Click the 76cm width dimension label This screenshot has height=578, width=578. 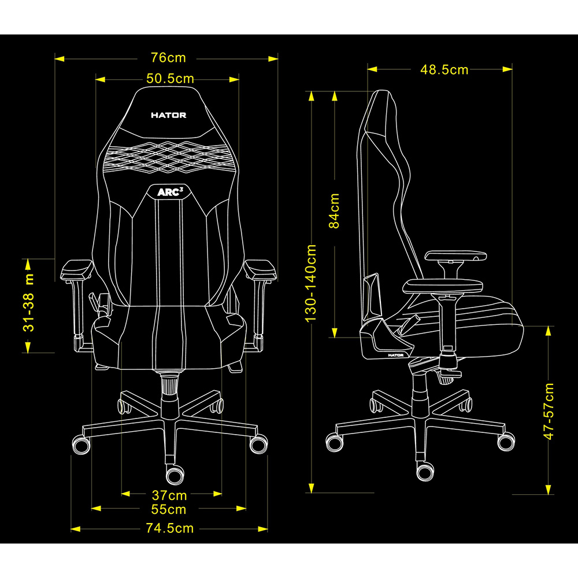168,58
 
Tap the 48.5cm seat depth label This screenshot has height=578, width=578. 444,69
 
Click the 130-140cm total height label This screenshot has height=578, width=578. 312,283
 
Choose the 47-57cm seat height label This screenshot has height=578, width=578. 549,411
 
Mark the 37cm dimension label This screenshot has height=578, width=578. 169,495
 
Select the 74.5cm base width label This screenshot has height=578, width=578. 169,528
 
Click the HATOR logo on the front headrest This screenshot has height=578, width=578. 168,115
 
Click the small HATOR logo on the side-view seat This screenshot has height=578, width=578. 395,355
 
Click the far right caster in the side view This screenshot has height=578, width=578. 506,441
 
